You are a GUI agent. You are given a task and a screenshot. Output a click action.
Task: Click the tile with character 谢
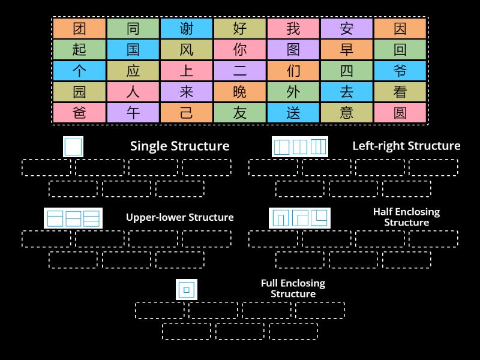pyautogui.click(x=186, y=29)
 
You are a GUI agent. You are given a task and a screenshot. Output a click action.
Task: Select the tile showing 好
pyautogui.click(x=239, y=29)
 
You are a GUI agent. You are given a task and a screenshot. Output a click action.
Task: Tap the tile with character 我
pyautogui.click(x=293, y=29)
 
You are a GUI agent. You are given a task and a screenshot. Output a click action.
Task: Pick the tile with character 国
pyautogui.click(x=133, y=50)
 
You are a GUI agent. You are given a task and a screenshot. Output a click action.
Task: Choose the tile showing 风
pyautogui.click(x=186, y=50)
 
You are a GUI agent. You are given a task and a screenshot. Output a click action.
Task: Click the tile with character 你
pyautogui.click(x=239, y=50)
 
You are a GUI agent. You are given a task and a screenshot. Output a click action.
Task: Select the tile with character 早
pyautogui.click(x=346, y=50)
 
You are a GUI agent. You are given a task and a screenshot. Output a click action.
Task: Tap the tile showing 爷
pyautogui.click(x=400, y=71)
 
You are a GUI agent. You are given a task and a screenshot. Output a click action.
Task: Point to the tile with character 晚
pyautogui.click(x=239, y=92)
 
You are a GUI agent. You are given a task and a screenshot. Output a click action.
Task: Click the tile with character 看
pyautogui.click(x=400, y=92)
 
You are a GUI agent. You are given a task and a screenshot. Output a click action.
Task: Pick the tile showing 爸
pyautogui.click(x=79, y=113)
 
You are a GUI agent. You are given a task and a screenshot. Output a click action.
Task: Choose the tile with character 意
pyautogui.click(x=346, y=113)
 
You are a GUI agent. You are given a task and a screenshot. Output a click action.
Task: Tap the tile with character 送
pyautogui.click(x=293, y=113)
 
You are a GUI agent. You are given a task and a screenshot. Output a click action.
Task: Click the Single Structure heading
pyautogui.click(x=179, y=146)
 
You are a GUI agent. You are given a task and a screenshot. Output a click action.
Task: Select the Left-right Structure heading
pyautogui.click(x=406, y=146)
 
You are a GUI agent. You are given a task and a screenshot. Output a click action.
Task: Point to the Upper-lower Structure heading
pyautogui.click(x=179, y=217)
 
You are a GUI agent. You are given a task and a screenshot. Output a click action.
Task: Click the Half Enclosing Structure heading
pyautogui.click(x=406, y=217)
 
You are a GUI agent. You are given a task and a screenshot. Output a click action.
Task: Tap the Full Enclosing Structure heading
pyautogui.click(x=293, y=289)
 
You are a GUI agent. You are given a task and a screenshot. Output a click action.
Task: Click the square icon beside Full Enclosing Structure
pyautogui.click(x=186, y=290)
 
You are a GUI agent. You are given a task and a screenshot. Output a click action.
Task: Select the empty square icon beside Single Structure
pyautogui.click(x=73, y=147)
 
